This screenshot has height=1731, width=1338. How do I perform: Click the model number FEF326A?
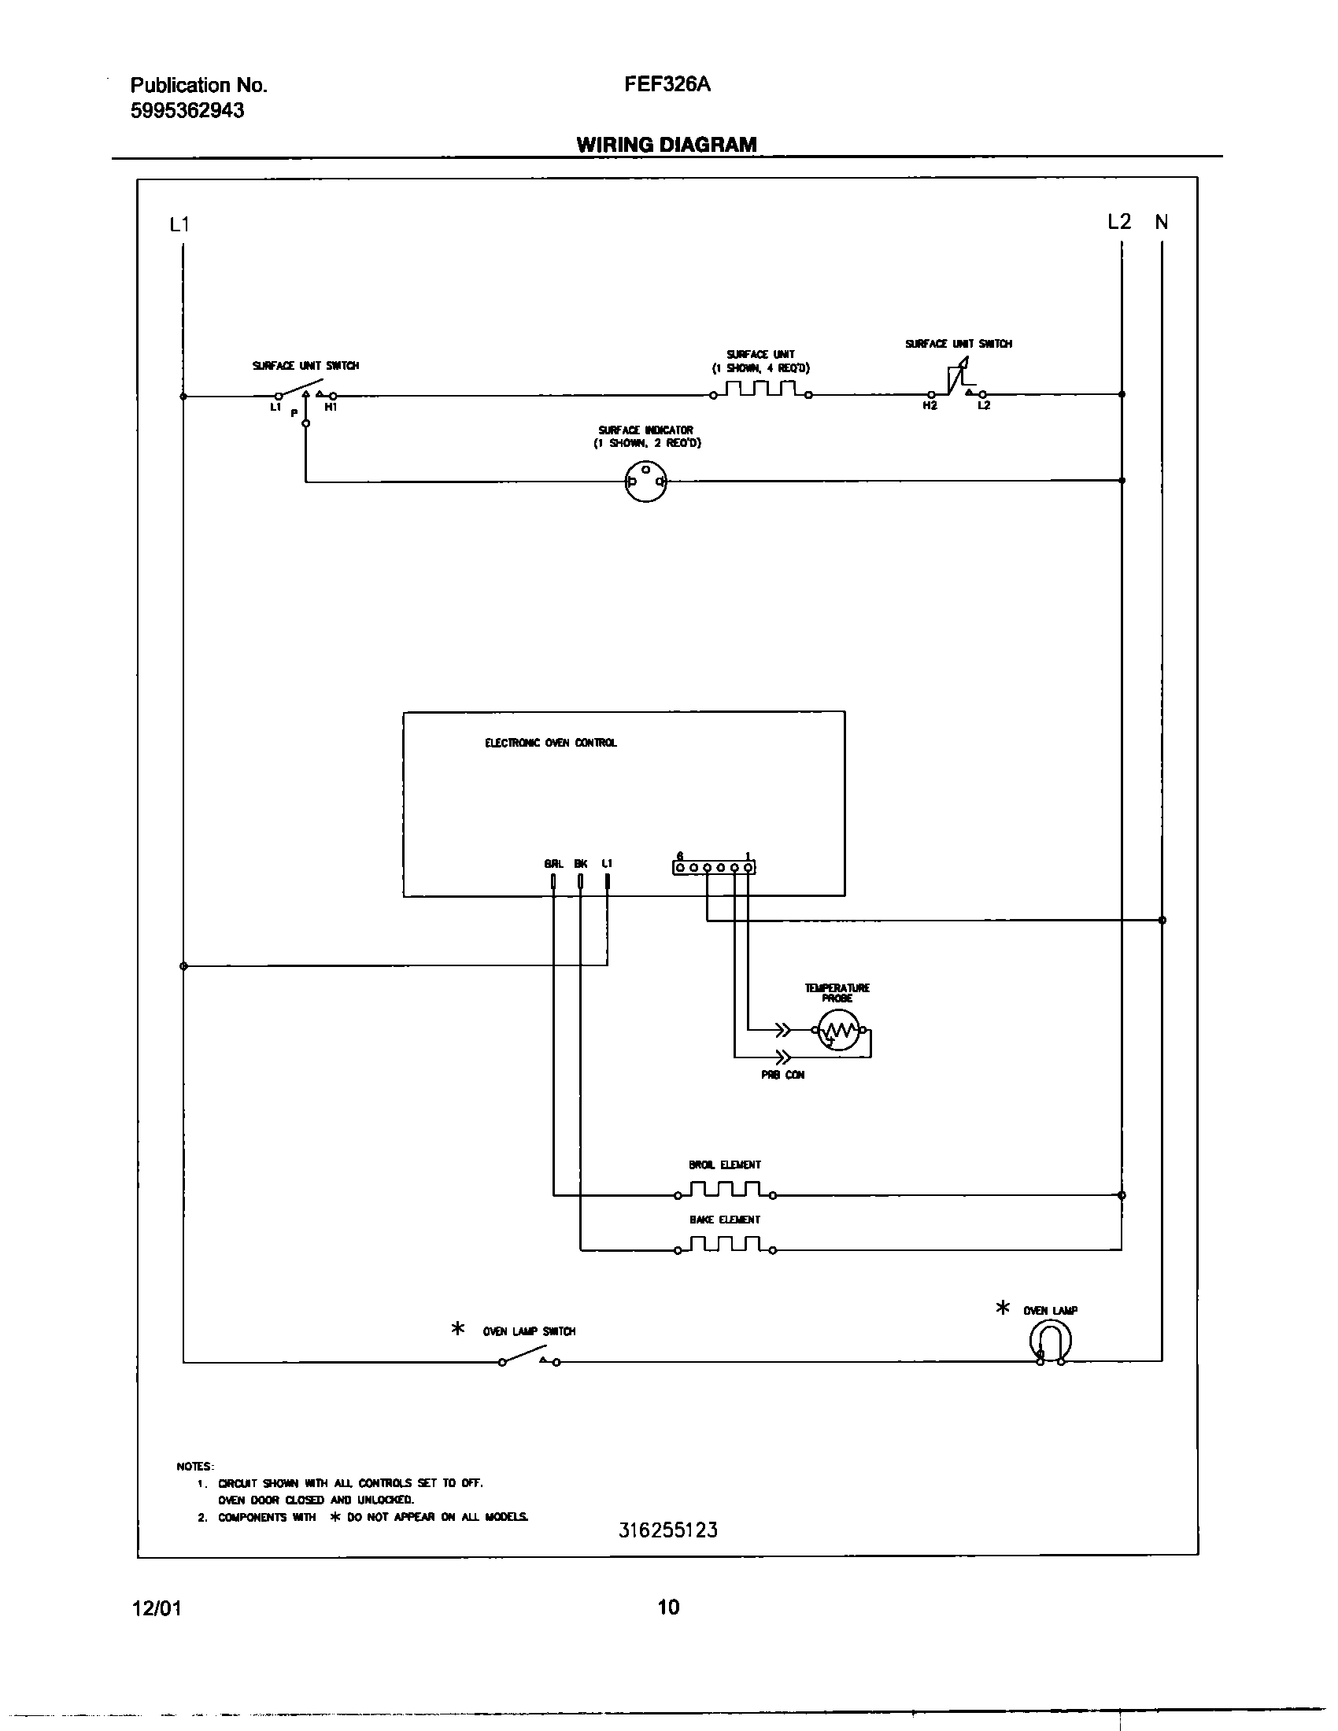pyautogui.click(x=667, y=85)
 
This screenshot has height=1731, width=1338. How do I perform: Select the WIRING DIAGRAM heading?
pyautogui.click(x=666, y=144)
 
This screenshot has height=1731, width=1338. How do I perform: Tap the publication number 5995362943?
pyautogui.click(x=187, y=110)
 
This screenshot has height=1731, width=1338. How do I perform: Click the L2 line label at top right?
pyautogui.click(x=1118, y=222)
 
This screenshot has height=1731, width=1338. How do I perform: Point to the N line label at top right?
pyautogui.click(x=1161, y=223)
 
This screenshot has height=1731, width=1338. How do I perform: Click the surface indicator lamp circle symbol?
pyautogui.click(x=645, y=481)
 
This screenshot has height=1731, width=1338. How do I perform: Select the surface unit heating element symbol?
pyautogui.click(x=760, y=389)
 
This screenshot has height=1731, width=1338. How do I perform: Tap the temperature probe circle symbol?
pyautogui.click(x=838, y=1031)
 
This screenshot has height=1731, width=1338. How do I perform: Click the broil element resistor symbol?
pyautogui.click(x=724, y=1190)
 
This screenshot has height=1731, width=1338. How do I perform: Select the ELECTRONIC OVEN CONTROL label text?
pyautogui.click(x=550, y=743)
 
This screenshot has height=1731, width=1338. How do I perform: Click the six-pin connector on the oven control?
pyautogui.click(x=713, y=868)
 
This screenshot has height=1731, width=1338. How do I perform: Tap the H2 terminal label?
pyautogui.click(x=930, y=406)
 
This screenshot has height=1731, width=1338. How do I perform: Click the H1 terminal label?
pyautogui.click(x=331, y=407)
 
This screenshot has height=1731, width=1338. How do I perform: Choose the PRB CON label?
pyautogui.click(x=782, y=1076)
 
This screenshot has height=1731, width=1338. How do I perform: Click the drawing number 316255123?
pyautogui.click(x=667, y=1530)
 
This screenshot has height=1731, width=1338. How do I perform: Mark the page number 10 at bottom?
pyautogui.click(x=668, y=1607)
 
